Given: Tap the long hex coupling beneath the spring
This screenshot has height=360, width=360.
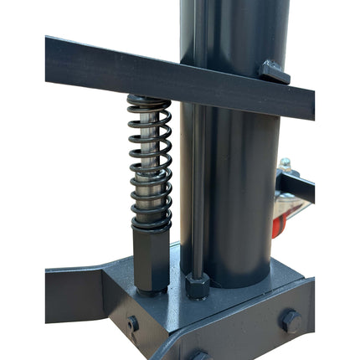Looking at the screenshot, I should coord(151,260).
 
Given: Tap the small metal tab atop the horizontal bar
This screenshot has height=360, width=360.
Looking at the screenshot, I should coord(273,73).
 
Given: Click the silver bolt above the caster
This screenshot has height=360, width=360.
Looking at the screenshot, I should coord(285,164).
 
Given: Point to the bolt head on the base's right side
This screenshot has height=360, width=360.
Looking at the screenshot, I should coord(291,321).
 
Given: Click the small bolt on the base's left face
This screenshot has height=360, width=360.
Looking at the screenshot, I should coord(133,323).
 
